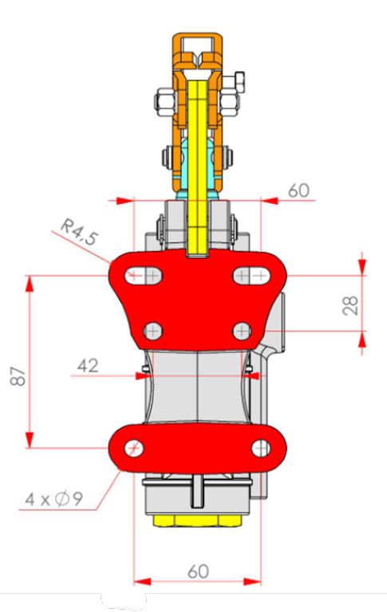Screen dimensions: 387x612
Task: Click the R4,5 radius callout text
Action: point(78,232)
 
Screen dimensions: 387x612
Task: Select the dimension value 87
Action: point(18,377)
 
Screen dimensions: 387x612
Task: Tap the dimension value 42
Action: point(88,366)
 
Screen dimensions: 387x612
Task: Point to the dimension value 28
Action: point(350,305)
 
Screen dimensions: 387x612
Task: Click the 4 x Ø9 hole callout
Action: point(54,499)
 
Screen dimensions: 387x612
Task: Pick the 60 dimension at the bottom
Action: point(198,572)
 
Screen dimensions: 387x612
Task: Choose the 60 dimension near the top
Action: point(298,190)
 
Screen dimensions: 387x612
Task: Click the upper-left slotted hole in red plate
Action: point(144,276)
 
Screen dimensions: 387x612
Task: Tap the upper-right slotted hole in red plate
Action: point(251,276)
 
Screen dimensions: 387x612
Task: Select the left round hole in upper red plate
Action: point(153,331)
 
